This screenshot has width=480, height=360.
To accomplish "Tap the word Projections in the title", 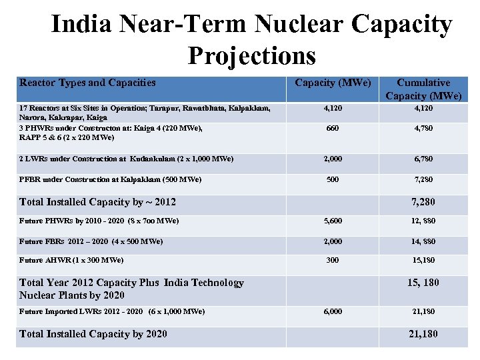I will [251, 55].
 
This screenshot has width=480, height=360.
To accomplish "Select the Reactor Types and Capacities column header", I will [87, 83].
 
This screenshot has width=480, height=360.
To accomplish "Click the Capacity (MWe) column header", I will [333, 83].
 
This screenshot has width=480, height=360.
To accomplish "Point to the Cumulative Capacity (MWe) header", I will [423, 89].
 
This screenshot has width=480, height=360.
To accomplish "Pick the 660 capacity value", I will [333, 128].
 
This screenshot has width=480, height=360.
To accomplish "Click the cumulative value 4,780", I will [423, 128].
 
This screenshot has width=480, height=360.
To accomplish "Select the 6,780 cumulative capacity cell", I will [423, 159].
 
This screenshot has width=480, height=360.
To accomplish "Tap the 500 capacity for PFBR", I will [333, 179].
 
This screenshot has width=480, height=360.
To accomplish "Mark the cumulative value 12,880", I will [423, 221].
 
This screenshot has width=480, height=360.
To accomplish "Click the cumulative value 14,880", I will [423, 241].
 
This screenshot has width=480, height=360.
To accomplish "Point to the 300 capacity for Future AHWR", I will [333, 260].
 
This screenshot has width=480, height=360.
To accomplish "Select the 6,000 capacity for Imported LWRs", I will [333, 311].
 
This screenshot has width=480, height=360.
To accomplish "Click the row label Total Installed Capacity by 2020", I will [93, 334].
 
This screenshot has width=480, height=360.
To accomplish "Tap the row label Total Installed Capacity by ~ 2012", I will [97, 202].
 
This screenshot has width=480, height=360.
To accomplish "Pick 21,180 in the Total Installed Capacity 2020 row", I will [423, 334].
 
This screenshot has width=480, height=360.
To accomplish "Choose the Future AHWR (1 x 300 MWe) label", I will [71, 260].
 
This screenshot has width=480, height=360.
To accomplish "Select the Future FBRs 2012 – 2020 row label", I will [91, 241].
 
